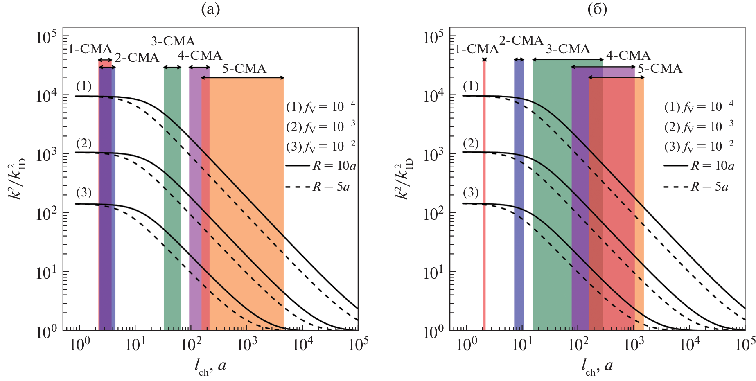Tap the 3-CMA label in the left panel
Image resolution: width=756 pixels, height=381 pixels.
173,41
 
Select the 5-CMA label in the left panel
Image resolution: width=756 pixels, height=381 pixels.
244,69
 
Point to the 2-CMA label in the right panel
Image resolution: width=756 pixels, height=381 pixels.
521,41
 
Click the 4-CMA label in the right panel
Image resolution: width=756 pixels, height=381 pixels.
628,56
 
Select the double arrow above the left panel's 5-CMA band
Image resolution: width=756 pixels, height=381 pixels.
242,77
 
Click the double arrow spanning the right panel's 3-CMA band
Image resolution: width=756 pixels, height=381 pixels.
568,60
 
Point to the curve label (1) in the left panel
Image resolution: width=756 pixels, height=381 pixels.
83,86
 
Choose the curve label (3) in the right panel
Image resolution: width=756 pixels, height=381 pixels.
471,192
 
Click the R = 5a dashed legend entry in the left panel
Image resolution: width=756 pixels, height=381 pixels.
318,187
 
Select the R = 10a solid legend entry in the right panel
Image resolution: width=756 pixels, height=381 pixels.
699,166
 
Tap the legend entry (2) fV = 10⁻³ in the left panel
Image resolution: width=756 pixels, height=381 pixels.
320,126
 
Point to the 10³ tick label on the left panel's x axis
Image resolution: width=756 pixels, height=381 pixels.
246,345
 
